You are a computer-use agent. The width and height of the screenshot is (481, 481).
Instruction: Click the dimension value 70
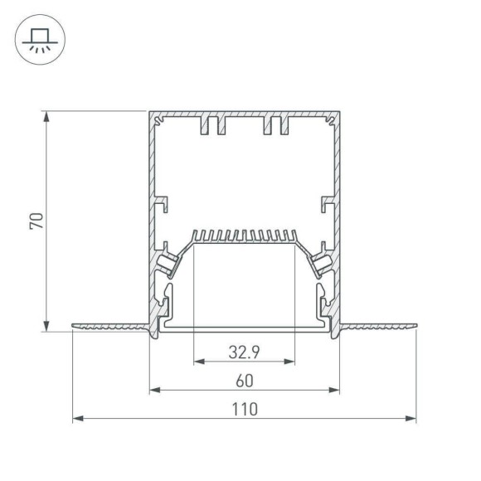[35, 221]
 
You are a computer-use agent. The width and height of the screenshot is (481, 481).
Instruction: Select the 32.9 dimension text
[244, 351]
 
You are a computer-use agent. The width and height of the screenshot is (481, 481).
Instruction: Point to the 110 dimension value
[244, 409]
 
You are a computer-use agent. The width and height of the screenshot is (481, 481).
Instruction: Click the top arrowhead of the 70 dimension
[46, 114]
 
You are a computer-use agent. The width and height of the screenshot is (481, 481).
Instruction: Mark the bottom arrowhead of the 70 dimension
[46, 327]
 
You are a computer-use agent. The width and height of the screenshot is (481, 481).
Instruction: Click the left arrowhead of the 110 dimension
[77, 419]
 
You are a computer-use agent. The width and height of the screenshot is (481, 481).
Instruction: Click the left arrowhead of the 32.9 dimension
[198, 362]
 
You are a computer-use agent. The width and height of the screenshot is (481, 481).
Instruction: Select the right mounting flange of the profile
[378, 327]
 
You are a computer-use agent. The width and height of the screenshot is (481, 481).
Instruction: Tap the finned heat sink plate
[244, 237]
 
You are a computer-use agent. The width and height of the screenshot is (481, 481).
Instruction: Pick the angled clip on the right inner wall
[321, 264]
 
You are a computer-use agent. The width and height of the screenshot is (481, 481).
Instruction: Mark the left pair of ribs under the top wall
[213, 126]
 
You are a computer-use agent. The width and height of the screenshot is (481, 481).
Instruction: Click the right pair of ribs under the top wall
[276, 126]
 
